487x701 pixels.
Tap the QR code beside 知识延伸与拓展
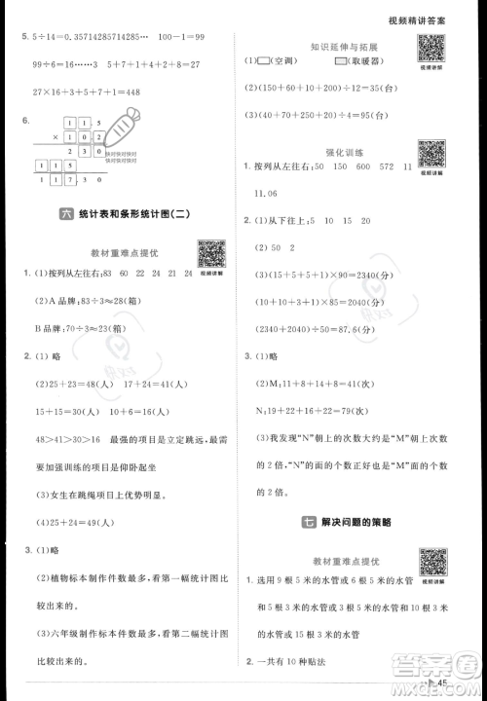[429, 50]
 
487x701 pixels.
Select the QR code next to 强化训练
[429, 154]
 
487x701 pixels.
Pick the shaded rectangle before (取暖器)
[341, 63]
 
